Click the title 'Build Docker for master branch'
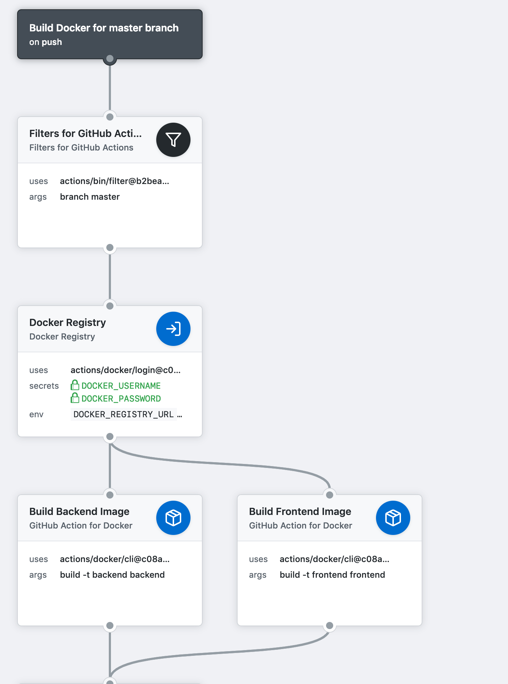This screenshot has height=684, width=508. click(104, 28)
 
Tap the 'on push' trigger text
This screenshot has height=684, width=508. click(46, 42)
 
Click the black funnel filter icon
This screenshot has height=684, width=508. click(173, 140)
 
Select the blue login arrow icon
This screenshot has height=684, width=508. click(173, 329)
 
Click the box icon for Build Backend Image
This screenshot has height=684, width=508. click(173, 518)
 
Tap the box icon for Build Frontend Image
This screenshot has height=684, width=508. click(393, 518)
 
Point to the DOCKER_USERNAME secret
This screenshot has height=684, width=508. click(121, 386)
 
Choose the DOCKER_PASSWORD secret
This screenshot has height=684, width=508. click(121, 399)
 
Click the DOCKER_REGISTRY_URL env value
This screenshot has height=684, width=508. click(123, 414)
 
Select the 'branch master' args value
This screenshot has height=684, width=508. click(90, 197)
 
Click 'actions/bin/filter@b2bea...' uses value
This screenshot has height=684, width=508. click(115, 181)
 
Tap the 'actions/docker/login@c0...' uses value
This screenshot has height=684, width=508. click(126, 370)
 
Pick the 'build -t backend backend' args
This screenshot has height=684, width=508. click(112, 575)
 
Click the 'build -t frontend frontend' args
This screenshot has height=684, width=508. click(332, 575)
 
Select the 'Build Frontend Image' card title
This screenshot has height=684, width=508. click(300, 511)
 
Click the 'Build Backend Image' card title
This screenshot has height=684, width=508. click(79, 511)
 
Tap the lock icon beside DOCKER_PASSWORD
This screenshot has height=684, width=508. click(75, 398)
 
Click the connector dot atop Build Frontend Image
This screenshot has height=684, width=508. click(330, 495)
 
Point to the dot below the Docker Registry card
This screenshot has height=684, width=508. click(110, 437)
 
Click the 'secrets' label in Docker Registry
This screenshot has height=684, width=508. click(44, 386)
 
